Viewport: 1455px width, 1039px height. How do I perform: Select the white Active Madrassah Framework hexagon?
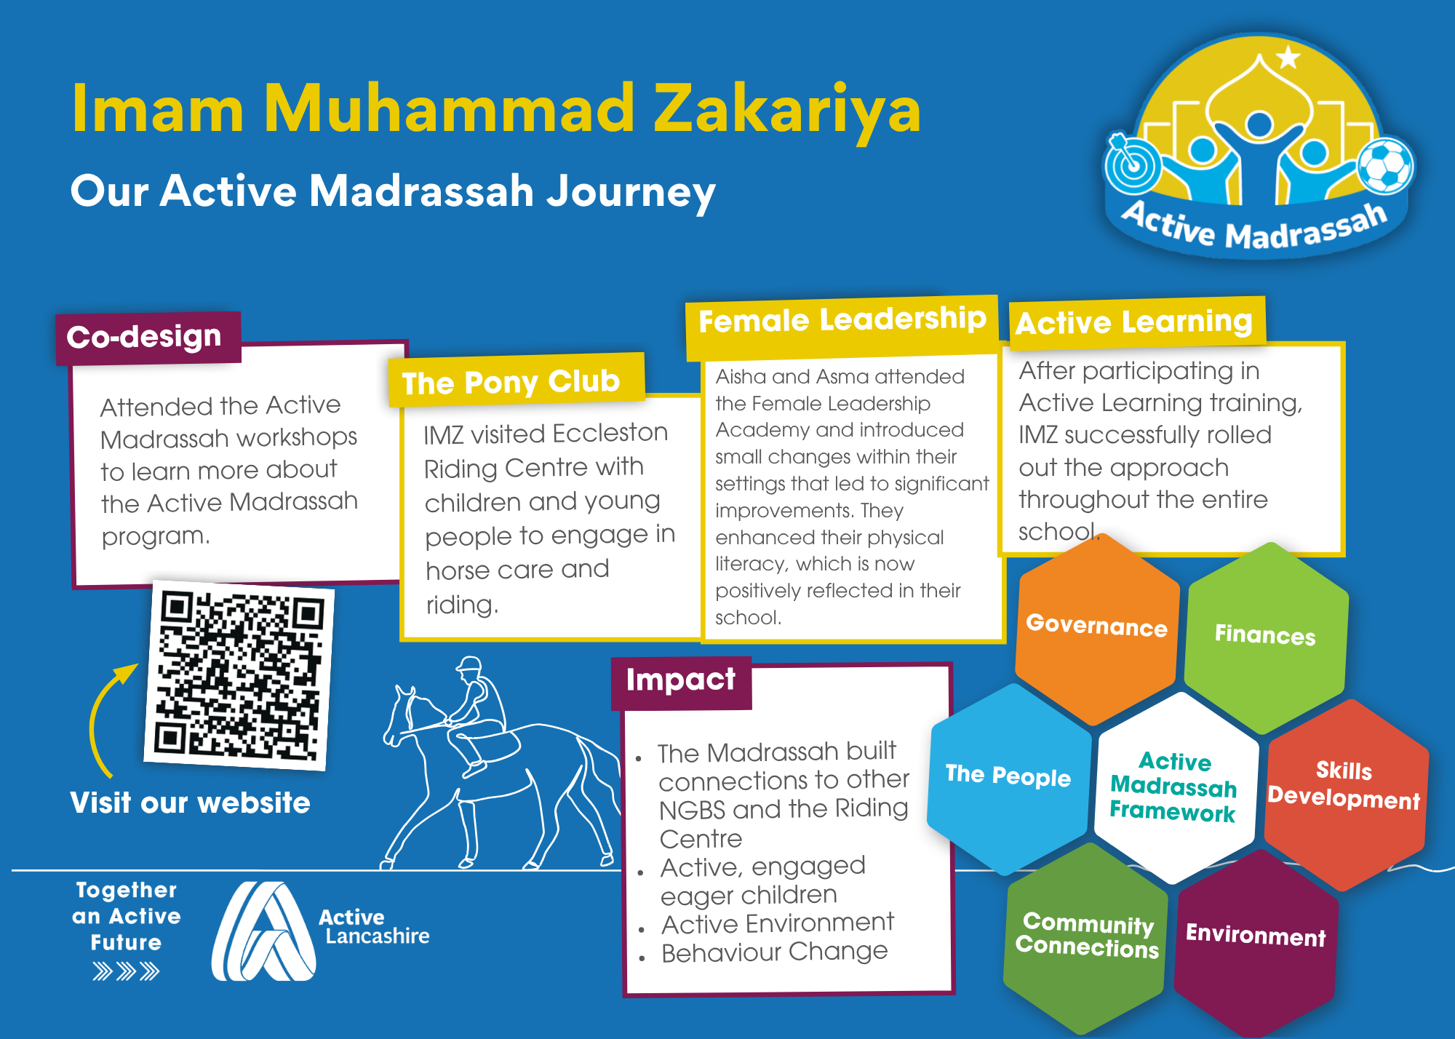(x=1176, y=787)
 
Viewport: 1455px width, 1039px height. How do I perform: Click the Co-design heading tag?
(x=148, y=338)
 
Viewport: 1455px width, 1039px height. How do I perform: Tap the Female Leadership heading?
(x=842, y=326)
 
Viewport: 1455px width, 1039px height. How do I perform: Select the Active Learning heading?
(x=1137, y=322)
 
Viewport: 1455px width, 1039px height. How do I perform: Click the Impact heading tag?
(x=681, y=682)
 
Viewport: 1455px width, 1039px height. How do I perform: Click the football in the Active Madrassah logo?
(x=1386, y=167)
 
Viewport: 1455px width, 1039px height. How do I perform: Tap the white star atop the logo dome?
(x=1288, y=57)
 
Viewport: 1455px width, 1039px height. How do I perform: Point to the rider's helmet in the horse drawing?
(x=470, y=664)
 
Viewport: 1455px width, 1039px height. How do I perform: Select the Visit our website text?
(x=191, y=803)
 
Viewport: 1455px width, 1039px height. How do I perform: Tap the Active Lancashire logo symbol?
(x=263, y=931)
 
